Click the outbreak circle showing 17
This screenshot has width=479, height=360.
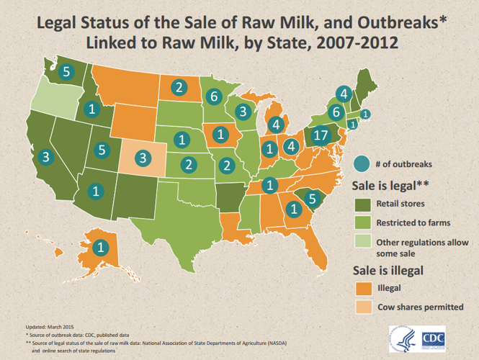(321, 135)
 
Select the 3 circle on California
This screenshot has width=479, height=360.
(45, 156)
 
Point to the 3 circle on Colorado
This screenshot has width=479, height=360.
(143, 156)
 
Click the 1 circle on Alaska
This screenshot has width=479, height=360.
(99, 246)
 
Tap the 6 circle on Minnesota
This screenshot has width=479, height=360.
(212, 96)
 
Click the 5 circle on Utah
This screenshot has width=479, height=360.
(102, 150)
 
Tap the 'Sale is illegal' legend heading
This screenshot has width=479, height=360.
(386, 270)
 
